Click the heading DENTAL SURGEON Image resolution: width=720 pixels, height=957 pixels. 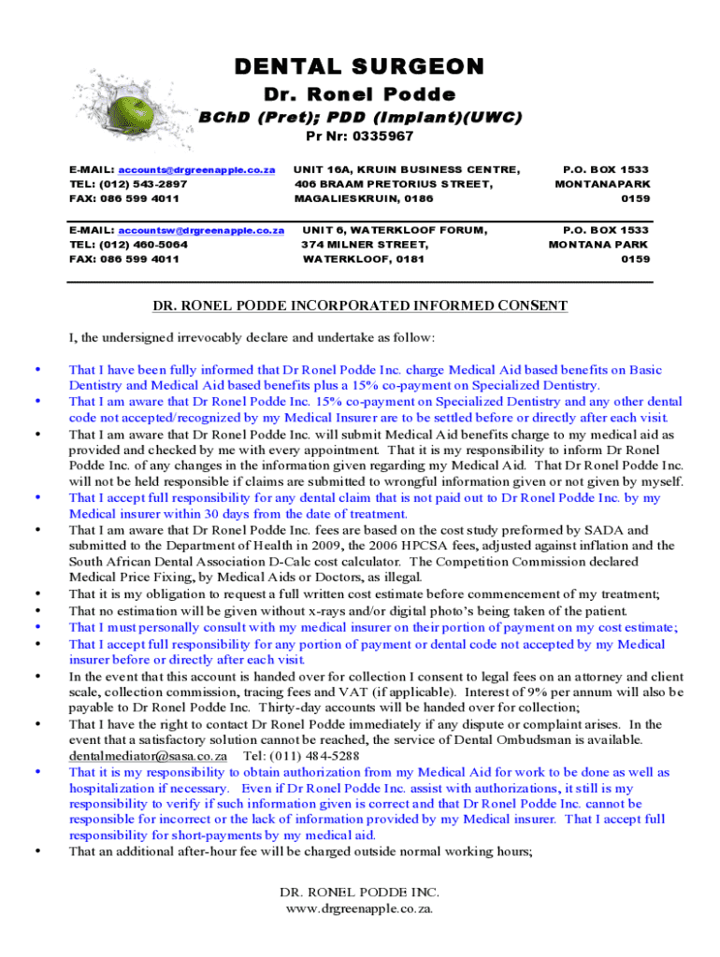point(360,66)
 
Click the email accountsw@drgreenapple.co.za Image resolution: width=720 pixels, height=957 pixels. point(200,230)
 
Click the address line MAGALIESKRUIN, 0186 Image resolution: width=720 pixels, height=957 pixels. point(364,199)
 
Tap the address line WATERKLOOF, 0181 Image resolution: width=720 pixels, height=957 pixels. point(364,260)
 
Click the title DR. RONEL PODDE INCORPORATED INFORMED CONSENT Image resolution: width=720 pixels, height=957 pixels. point(360,306)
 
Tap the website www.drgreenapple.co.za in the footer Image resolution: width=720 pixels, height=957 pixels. point(360,908)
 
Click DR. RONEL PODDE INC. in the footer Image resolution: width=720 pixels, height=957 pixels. point(360,893)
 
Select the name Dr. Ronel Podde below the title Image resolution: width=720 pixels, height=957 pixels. point(360,94)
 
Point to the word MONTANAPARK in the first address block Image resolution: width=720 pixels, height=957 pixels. point(603,184)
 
